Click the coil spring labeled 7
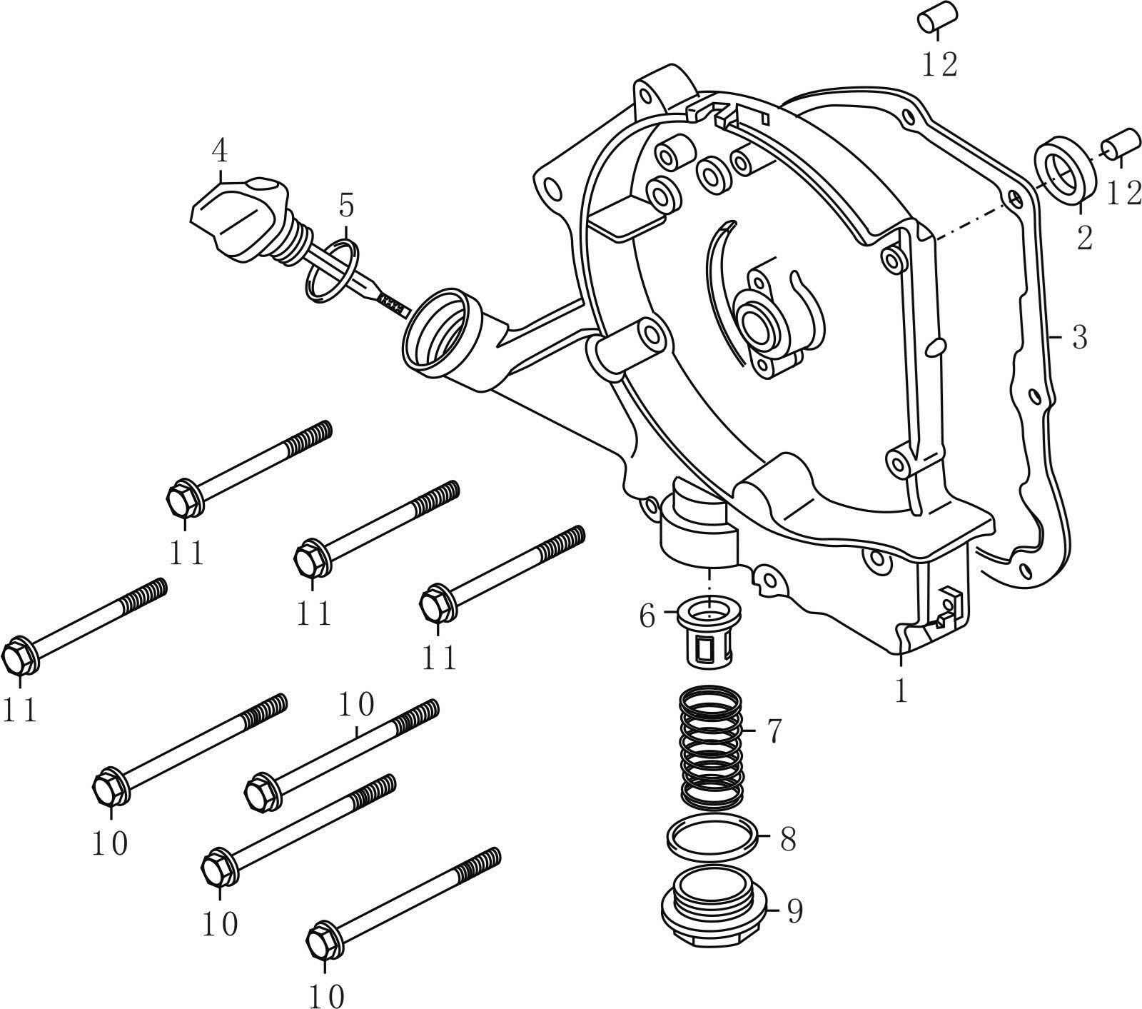[x=711, y=746]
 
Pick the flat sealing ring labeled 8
[x=711, y=835]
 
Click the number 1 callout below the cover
[x=901, y=691]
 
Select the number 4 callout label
[x=219, y=151]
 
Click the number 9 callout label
[x=794, y=910]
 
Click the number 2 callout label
[x=1083, y=238]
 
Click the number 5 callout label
[x=345, y=206]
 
